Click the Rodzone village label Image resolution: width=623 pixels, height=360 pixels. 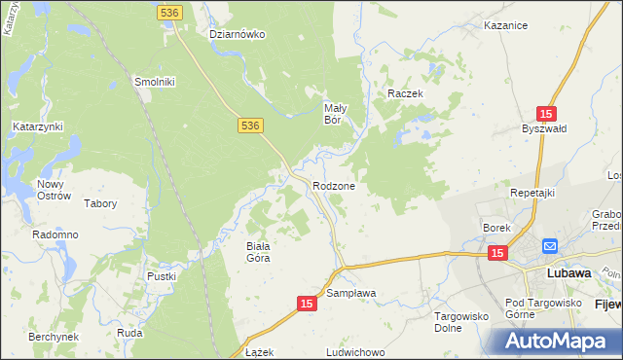pos(333,185)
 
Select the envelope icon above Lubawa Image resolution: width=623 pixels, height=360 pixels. pos(550,247)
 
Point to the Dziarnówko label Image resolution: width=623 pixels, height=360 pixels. pos(238,34)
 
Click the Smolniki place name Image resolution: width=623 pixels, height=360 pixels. pos(154,82)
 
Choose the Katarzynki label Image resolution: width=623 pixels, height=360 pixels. pos(38,126)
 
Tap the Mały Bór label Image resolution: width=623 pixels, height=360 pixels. pos(336,115)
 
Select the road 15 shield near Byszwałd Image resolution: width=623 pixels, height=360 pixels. pos(548,113)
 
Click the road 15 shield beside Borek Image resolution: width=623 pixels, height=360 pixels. pos(497,253)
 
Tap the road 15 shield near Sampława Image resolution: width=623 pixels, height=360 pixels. pos(307,305)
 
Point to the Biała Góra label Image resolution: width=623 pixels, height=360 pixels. pos(257,252)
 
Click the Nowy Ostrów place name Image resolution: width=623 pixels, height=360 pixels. pos(55,190)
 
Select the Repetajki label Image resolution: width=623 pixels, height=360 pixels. pos(532,193)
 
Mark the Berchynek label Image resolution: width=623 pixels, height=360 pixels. pos(54,336)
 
